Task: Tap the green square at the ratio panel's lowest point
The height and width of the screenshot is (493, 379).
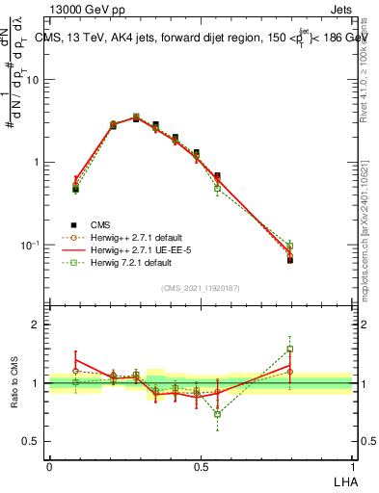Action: point(218,414)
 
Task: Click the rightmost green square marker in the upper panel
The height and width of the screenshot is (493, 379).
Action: point(289,246)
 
